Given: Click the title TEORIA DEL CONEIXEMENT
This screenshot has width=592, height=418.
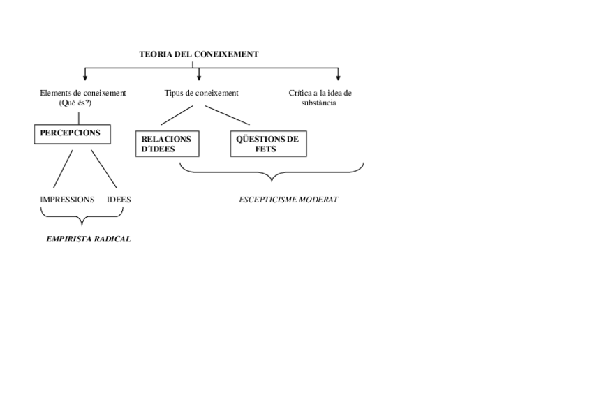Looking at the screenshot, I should pyautogui.click(x=199, y=54).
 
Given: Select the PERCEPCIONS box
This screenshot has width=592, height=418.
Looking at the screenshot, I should pyautogui.click(x=71, y=133).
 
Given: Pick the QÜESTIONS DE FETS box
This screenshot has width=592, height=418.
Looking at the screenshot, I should pyautogui.click(x=268, y=144).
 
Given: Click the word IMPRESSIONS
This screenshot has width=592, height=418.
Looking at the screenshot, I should pyautogui.click(x=67, y=200).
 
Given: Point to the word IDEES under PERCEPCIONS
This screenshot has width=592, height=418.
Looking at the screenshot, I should pyautogui.click(x=119, y=200).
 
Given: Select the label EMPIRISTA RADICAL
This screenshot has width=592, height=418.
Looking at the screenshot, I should pyautogui.click(x=88, y=239).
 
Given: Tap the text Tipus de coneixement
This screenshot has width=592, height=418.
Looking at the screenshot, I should pyautogui.click(x=201, y=93).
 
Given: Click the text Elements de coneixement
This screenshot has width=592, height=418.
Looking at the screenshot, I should pyautogui.click(x=83, y=93).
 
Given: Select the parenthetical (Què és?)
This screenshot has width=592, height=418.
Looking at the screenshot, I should pyautogui.click(x=75, y=103).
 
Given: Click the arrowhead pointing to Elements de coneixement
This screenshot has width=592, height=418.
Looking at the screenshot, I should pyautogui.click(x=85, y=77).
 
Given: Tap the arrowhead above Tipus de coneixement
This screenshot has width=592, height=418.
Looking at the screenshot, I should pyautogui.click(x=199, y=77).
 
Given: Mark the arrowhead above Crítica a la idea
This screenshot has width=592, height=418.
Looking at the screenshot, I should pyautogui.click(x=338, y=77).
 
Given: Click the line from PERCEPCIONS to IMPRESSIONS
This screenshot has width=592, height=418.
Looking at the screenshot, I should pyautogui.click(x=64, y=167).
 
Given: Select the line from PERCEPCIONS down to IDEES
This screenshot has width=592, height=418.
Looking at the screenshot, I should pyautogui.click(x=103, y=167).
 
